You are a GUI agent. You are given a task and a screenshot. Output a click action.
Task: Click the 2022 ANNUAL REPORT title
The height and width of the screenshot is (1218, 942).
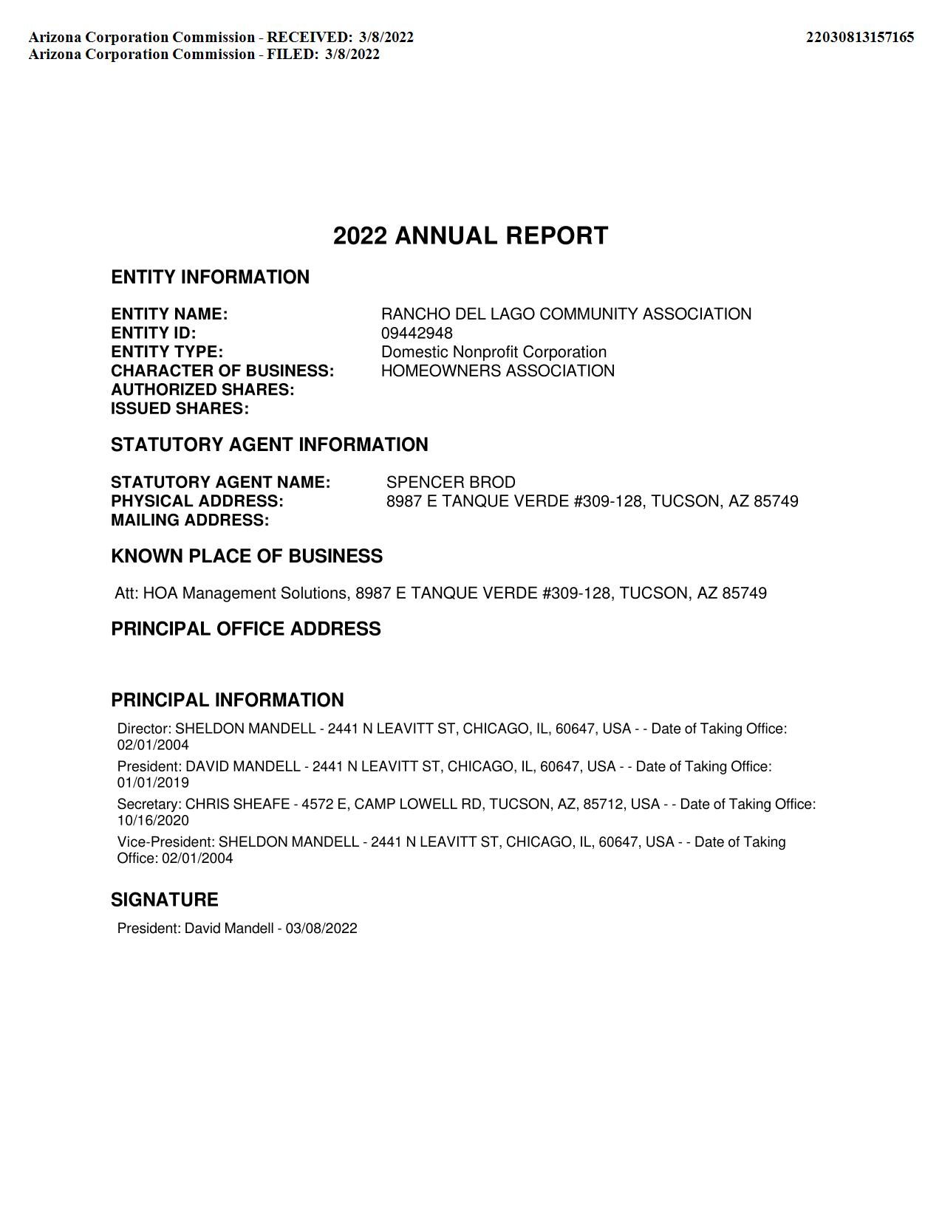[x=471, y=236]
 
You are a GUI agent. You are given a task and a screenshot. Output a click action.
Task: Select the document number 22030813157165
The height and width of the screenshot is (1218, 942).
[x=859, y=37]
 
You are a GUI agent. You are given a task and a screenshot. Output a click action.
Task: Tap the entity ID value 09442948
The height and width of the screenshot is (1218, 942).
[x=417, y=333]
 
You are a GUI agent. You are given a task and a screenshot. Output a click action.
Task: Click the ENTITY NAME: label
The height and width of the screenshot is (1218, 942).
[x=169, y=314]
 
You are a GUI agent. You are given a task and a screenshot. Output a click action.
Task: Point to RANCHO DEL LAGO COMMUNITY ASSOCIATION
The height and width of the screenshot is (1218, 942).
[x=566, y=314]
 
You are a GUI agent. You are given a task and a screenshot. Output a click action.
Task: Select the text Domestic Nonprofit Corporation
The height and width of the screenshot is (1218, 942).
[x=494, y=352]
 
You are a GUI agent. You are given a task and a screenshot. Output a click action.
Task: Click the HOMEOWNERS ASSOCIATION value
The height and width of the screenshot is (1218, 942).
[x=497, y=371]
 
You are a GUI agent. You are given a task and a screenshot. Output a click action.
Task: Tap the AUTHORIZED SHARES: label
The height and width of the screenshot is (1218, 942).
[x=202, y=390]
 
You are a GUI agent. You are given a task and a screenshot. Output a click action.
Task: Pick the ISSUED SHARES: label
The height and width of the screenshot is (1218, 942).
[x=180, y=409]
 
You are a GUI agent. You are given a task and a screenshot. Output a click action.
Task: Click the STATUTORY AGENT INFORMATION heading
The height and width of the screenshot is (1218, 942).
[x=269, y=445]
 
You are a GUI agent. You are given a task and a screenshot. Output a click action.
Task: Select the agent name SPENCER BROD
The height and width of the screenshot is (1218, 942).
[x=451, y=483]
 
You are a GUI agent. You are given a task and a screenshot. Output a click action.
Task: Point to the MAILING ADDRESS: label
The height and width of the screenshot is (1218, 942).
[x=190, y=520]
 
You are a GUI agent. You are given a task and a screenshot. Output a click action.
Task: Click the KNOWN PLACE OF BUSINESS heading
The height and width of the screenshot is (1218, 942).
[x=247, y=557]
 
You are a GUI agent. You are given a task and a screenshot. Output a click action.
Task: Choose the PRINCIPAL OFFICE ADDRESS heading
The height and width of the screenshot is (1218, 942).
[x=246, y=629]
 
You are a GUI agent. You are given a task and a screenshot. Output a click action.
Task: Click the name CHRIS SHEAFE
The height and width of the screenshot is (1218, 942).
[x=237, y=804]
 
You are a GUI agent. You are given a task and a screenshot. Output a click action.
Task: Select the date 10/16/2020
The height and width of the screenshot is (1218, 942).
[x=153, y=820]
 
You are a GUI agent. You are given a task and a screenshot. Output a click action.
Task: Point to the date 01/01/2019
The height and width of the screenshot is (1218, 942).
[x=153, y=782]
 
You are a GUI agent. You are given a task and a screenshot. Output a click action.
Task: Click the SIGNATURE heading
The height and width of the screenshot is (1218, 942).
[x=165, y=900]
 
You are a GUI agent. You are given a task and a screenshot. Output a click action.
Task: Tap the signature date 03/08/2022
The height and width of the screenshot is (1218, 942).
[x=321, y=929]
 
